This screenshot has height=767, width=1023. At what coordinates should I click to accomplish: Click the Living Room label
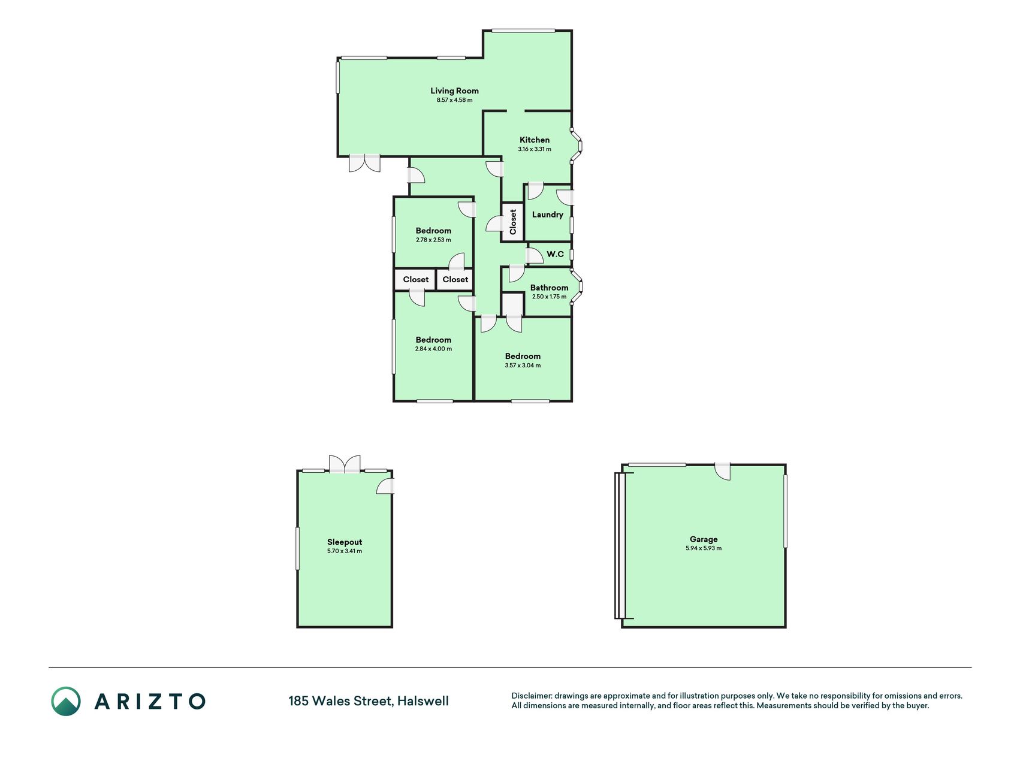coord(454,91)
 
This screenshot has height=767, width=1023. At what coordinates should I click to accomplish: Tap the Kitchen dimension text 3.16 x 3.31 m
coord(535,149)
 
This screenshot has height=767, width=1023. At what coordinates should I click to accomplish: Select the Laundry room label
coord(548,215)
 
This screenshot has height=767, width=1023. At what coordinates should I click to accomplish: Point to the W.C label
coord(555,254)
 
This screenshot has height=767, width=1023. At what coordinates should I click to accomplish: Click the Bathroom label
coord(549,288)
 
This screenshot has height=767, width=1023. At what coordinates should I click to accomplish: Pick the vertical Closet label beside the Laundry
coord(513,222)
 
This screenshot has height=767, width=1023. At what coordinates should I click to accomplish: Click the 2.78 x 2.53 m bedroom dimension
coord(433,240)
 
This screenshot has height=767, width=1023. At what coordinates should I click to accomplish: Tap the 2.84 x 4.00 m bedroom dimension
coord(433,349)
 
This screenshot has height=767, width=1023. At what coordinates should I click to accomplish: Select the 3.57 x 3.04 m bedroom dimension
coord(523,366)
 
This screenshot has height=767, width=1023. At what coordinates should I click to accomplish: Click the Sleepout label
coord(345,542)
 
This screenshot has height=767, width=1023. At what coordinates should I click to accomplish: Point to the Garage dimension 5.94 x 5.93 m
coord(704,548)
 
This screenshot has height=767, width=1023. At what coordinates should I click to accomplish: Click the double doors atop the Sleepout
coord(345,464)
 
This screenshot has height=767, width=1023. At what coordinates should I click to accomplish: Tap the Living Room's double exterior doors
coord(364,164)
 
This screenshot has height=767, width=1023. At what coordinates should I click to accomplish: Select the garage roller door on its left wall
coord(620,545)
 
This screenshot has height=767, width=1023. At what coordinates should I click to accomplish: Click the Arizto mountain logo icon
coord(65,701)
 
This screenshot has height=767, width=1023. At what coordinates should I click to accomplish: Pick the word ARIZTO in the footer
coord(150,701)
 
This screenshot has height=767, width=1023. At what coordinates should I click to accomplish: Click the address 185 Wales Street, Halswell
coord(369,701)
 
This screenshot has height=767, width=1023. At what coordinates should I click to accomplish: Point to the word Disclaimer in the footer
coord(531,696)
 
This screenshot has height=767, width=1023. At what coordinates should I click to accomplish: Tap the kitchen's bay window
coord(577,145)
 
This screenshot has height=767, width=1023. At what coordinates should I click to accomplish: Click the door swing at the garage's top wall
coord(723,472)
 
